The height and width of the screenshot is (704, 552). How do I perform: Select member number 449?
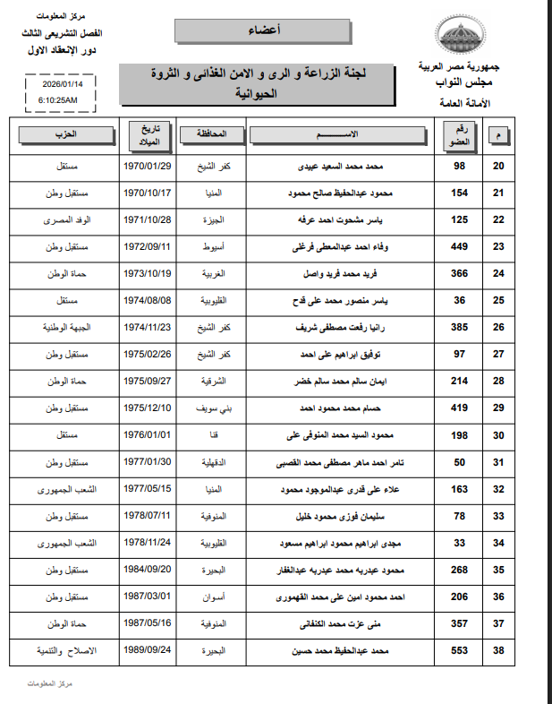pyautogui.click(x=461, y=246)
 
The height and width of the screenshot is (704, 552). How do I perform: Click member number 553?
pyautogui.click(x=461, y=651)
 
